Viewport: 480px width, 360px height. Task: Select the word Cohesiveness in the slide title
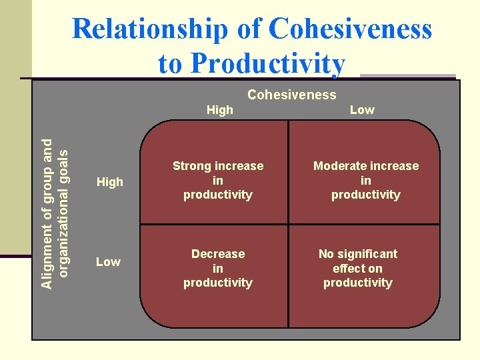(x=351, y=30)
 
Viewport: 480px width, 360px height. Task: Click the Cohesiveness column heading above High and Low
(x=291, y=95)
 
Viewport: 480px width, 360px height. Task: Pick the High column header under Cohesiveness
(x=220, y=110)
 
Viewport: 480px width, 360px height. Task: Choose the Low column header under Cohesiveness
(x=362, y=110)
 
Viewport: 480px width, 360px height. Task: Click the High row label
(x=110, y=181)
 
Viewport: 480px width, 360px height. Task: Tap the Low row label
(x=108, y=262)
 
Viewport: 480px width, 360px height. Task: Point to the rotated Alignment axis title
(x=54, y=213)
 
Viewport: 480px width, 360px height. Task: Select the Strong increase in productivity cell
(x=218, y=180)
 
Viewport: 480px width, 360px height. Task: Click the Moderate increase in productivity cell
(x=366, y=180)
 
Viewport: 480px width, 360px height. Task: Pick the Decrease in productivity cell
(x=218, y=268)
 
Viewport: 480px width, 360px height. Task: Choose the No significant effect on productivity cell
(x=358, y=268)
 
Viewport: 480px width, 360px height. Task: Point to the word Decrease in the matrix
(x=218, y=254)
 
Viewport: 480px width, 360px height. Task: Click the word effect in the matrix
(x=349, y=269)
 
